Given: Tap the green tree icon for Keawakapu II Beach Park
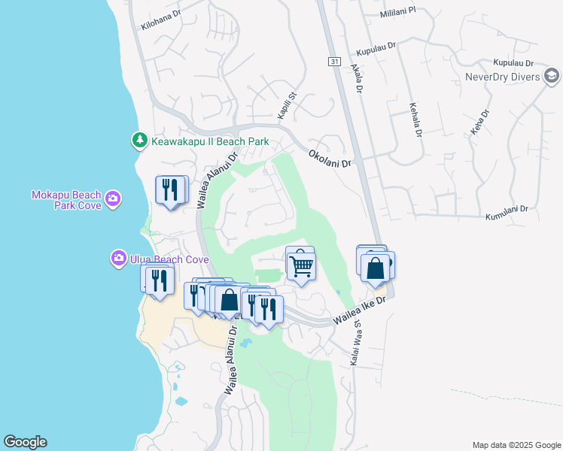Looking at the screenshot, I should (139, 141).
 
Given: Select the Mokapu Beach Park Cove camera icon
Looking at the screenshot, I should (112, 198).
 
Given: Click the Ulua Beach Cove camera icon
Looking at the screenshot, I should (118, 259).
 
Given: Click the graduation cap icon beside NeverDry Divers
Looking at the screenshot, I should (552, 76).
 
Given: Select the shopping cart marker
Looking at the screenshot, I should (300, 265).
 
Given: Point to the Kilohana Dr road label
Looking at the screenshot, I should (161, 20).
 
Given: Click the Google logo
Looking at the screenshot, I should (25, 442).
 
